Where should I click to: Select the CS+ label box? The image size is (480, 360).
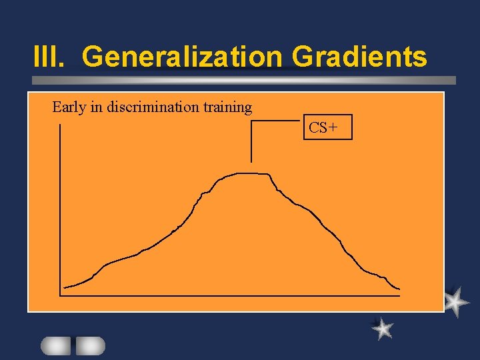tap(327, 127)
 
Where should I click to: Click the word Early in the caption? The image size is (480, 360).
tap(69, 107)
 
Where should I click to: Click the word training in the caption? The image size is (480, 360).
tap(229, 107)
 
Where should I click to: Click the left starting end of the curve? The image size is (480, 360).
tap(64, 287)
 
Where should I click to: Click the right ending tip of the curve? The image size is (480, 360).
tap(399, 289)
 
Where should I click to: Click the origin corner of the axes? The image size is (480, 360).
tap(61, 294)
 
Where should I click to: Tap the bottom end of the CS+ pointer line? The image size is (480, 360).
tap(251, 161)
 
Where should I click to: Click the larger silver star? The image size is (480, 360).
tap(455, 301)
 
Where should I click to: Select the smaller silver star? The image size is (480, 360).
tap(383, 327)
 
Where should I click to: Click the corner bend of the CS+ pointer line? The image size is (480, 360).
tap(251, 121)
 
